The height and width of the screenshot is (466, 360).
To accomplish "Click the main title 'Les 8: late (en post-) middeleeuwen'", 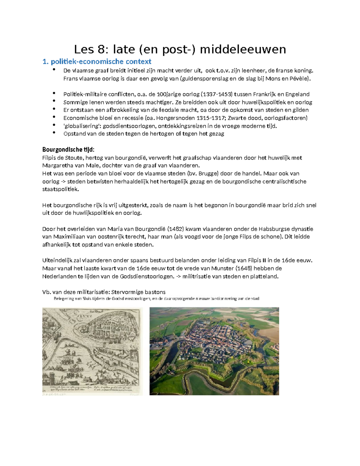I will tap(180, 49).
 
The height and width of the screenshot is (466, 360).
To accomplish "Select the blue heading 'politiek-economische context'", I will tap(101, 62).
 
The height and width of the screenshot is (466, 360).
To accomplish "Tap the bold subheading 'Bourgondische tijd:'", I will tap(68, 149).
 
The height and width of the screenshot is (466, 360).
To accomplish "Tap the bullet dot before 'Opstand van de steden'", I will tap(54, 133).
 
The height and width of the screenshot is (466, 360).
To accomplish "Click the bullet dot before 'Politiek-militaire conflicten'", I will tap(54, 93).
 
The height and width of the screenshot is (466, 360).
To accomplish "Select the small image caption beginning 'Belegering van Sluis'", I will tap(156, 299).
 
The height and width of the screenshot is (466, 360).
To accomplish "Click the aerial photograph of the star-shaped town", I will tap(214, 351).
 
